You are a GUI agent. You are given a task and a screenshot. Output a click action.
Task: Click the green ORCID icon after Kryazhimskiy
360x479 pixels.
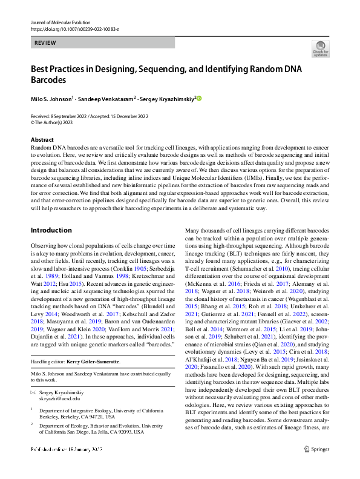point(198,99)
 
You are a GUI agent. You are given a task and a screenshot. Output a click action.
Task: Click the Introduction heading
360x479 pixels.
point(51,213)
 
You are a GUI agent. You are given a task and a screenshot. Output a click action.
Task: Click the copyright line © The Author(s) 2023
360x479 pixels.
point(54,121)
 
